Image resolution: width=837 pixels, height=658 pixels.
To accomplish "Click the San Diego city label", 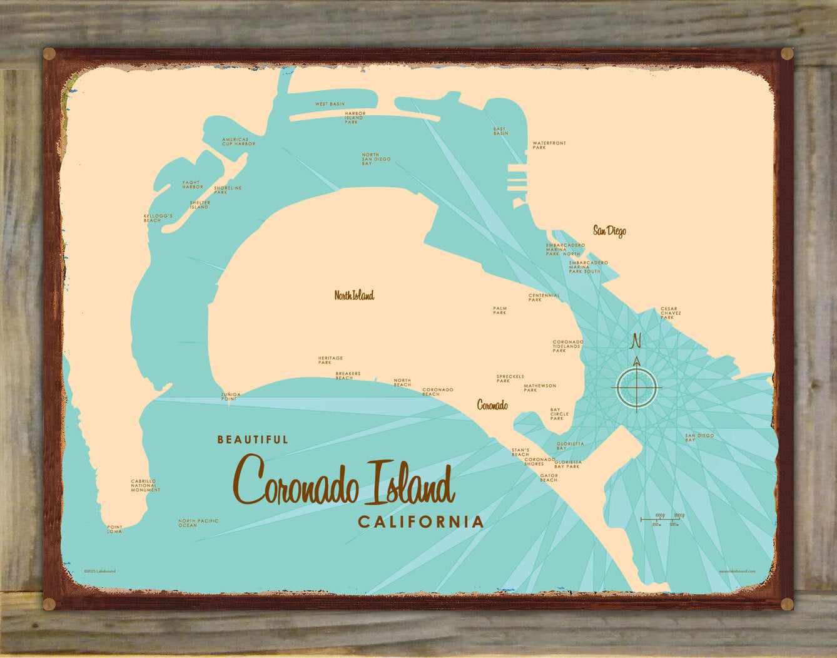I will tap(609, 231).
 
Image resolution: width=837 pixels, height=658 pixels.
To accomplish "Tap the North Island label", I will tap(354, 296).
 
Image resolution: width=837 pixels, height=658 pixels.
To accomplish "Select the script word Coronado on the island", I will tap(492, 405).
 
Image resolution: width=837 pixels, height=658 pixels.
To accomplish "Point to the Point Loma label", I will tap(114, 529).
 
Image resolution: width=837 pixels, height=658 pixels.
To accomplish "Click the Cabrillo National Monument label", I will tap(145, 485).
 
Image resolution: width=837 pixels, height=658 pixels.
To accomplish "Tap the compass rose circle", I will tap(637, 388).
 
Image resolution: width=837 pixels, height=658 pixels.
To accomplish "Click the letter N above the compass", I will tap(637, 341).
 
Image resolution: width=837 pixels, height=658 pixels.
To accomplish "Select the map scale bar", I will tap(662, 519).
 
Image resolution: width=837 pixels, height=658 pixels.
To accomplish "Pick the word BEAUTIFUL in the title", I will tap(253, 440).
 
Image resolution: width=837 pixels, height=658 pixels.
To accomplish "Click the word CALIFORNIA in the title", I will tap(420, 522).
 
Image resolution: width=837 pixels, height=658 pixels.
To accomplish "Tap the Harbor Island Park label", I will tap(354, 118).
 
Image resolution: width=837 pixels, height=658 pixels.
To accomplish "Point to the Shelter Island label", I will tap(200, 205).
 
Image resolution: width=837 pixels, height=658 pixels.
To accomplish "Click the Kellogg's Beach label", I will tap(158, 218).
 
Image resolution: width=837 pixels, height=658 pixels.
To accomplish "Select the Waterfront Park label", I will tap(549, 145).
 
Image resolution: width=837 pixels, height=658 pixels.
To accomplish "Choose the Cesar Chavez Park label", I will tap(671, 313).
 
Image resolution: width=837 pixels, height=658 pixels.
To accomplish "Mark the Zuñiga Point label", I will tap(230, 396).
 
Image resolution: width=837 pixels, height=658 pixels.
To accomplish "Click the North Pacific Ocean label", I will tap(198, 523).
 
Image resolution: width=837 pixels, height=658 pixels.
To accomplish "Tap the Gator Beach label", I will tap(549, 478).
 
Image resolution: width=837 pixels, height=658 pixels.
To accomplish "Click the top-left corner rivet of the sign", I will tap(49, 54).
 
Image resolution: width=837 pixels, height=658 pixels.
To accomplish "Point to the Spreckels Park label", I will tap(510, 378).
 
